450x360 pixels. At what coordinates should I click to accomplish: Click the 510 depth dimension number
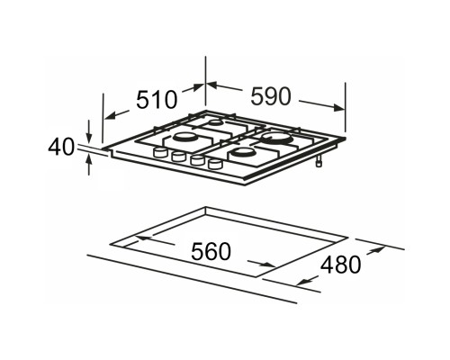(x=157, y=99)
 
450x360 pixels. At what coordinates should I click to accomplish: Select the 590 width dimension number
(x=271, y=96)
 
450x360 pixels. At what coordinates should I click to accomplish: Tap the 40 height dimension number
(x=61, y=147)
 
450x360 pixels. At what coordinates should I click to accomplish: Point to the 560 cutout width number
(x=211, y=251)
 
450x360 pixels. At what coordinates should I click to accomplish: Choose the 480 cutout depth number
(x=340, y=265)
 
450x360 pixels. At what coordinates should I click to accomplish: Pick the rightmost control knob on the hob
(x=215, y=164)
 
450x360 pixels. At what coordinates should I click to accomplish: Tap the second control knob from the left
(x=179, y=157)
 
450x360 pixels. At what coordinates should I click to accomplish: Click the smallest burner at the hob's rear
(x=215, y=122)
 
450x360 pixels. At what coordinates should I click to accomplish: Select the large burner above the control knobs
(x=184, y=138)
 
